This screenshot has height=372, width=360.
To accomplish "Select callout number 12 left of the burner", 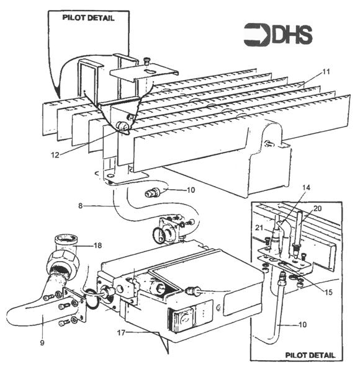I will [55, 155].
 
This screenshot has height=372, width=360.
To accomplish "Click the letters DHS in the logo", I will [292, 35].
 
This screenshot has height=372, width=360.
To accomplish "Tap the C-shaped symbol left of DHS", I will [256, 35].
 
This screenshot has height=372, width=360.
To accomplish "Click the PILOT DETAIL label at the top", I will [88, 18].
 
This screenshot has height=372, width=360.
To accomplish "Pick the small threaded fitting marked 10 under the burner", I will [152, 192].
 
